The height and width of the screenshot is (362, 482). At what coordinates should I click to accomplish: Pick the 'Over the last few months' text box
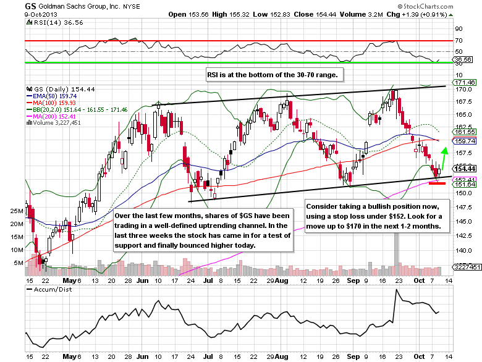point(203,230)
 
